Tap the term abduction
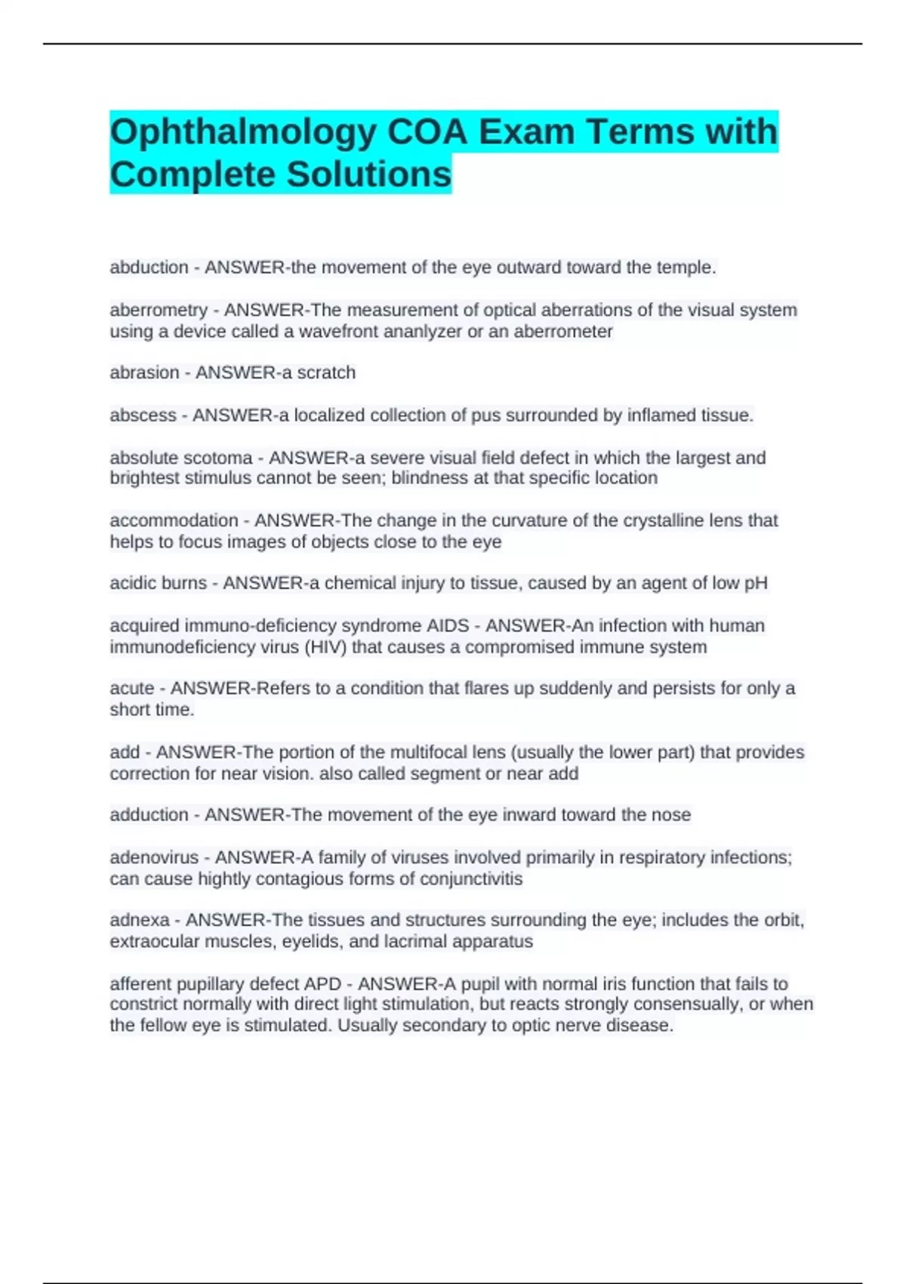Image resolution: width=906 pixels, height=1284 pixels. (149, 267)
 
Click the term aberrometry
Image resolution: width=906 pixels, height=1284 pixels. (159, 310)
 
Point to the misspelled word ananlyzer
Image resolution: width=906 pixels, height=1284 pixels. (424, 332)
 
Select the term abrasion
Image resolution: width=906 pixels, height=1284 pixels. (144, 372)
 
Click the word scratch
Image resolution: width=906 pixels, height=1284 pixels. (326, 372)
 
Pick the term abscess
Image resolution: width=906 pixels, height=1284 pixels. (143, 415)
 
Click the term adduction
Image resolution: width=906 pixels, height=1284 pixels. (149, 815)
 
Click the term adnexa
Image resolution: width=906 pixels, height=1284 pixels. (140, 920)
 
